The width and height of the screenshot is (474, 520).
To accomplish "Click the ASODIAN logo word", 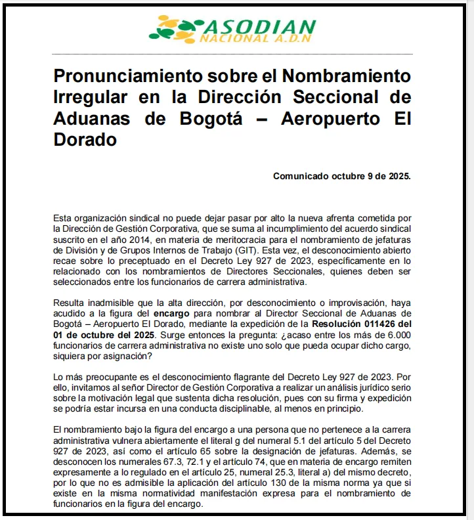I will click(261, 27).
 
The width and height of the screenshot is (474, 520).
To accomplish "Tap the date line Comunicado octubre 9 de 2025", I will click(342, 176).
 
